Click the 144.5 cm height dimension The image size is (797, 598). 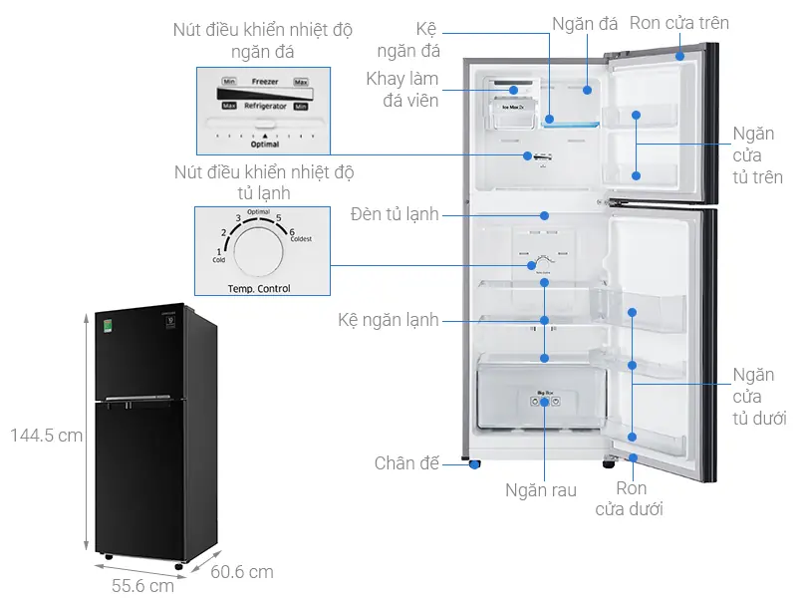[47, 436]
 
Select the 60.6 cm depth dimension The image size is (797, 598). [241, 572]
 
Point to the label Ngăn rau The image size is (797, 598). [541, 490]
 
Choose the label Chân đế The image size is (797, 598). [406, 463]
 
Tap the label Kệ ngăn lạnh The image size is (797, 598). [388, 321]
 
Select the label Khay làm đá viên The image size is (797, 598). [402, 90]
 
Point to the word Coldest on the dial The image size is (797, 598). [303, 240]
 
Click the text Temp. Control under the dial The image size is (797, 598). [259, 289]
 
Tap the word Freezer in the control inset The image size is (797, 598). [265, 81]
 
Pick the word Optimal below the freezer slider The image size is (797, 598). [265, 144]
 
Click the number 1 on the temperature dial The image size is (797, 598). [218, 252]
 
